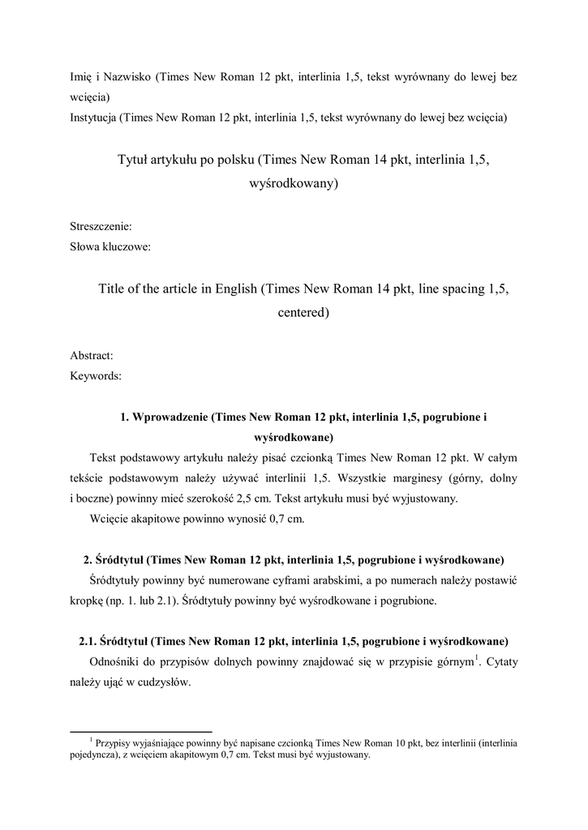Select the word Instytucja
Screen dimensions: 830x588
pyautogui.click(x=93, y=117)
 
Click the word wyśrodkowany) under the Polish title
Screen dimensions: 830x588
pyautogui.click(x=293, y=184)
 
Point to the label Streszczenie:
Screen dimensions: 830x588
pyautogui.click(x=101, y=227)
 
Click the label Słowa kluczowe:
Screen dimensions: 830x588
pyautogui.click(x=110, y=247)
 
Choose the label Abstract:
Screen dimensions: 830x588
pyautogui.click(x=92, y=355)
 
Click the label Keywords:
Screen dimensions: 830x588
pyautogui.click(x=96, y=375)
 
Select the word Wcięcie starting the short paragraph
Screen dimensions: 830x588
pyautogui.click(x=110, y=520)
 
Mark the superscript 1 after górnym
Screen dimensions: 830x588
pyautogui.click(x=478, y=657)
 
